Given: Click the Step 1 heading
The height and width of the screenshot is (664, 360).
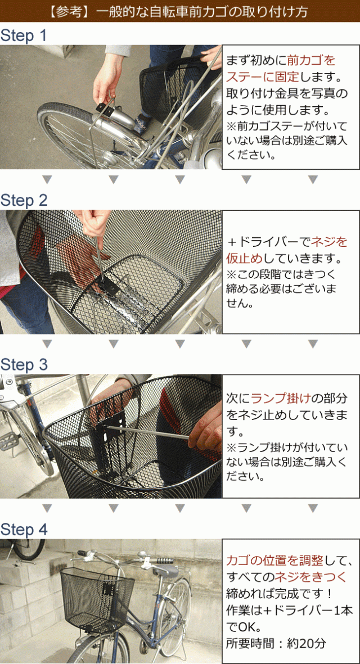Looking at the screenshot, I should pos(24,36).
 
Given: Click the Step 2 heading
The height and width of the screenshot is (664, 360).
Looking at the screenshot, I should pos(24,201).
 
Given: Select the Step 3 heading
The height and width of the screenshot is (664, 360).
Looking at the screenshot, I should pos(24,365).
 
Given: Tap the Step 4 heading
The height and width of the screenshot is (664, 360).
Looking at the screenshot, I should pos(24,530).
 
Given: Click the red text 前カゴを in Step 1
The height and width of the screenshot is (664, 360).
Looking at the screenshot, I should pos(311,60).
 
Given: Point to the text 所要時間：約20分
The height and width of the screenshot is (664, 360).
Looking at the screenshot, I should pos(276,643).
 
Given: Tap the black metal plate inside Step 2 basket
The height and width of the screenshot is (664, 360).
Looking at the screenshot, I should pos(109,287).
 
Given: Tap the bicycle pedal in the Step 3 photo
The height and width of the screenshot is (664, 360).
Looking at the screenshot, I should pos(12,441).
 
